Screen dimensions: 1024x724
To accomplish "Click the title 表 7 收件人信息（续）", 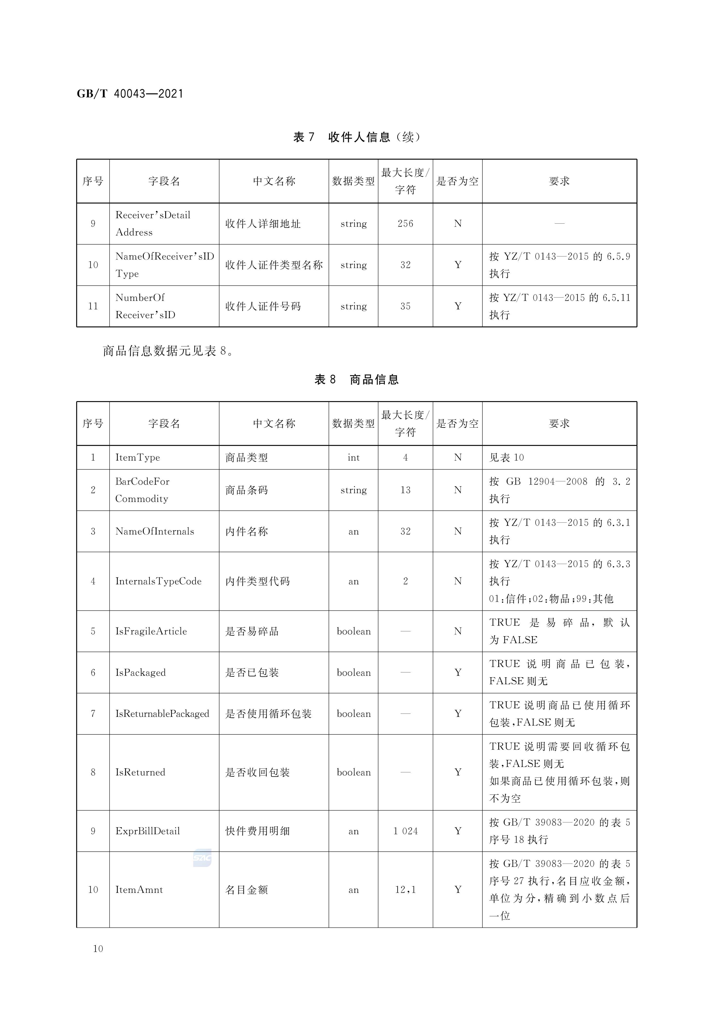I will (x=356, y=137).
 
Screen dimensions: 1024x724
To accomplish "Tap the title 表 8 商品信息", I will (x=356, y=380).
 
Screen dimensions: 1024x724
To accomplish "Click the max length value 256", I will (x=405, y=223).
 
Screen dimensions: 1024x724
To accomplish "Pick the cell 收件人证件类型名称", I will (x=274, y=265).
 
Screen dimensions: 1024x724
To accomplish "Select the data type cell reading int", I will (x=354, y=458).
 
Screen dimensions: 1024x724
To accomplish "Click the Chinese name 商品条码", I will (x=246, y=490).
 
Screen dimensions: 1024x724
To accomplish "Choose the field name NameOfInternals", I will (x=155, y=531).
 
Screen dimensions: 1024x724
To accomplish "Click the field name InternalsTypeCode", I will (x=158, y=581).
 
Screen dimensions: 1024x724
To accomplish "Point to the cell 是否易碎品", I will (x=252, y=631).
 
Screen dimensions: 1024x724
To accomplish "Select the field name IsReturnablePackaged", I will (x=162, y=714).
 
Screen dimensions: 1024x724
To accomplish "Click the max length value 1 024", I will (x=405, y=831).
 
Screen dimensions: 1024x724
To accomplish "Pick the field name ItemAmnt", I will (x=139, y=890).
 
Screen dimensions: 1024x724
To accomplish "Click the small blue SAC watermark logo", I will (x=202, y=858).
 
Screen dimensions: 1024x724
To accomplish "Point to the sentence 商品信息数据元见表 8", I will (x=168, y=351).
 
